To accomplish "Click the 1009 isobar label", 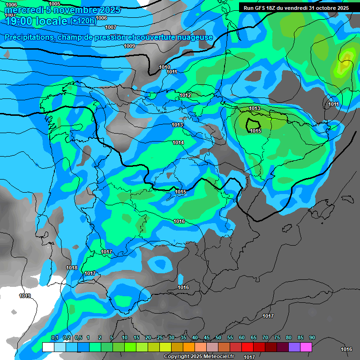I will pyautogui.click(x=129, y=46).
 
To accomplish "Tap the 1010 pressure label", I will pyautogui.click(x=165, y=67).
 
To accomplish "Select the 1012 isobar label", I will pyautogui.click(x=185, y=95).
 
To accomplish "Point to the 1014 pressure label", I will pyautogui.click(x=178, y=142).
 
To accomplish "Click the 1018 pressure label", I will pyautogui.click(x=72, y=268).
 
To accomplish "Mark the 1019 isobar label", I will pyautogui.click(x=25, y=296).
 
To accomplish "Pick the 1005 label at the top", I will pyautogui.click(x=54, y=4).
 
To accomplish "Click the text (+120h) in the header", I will pyautogui.click(x=83, y=21).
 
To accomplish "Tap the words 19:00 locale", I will pyautogui.click(x=36, y=21).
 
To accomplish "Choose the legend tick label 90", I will pyautogui.click(x=312, y=337).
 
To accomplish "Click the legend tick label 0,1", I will pyautogui.click(x=54, y=337).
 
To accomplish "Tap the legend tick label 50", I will pyautogui.click(x=218, y=337).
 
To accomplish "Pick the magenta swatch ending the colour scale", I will pyautogui.click(x=306, y=347).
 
